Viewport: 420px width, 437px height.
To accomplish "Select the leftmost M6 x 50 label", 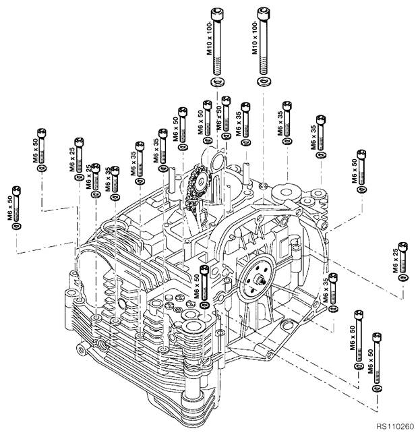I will (11, 207).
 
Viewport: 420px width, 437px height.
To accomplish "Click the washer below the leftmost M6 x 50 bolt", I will (18, 226).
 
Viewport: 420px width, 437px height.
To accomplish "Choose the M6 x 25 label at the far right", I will (395, 260).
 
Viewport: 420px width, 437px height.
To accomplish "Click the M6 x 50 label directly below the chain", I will (196, 287).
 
